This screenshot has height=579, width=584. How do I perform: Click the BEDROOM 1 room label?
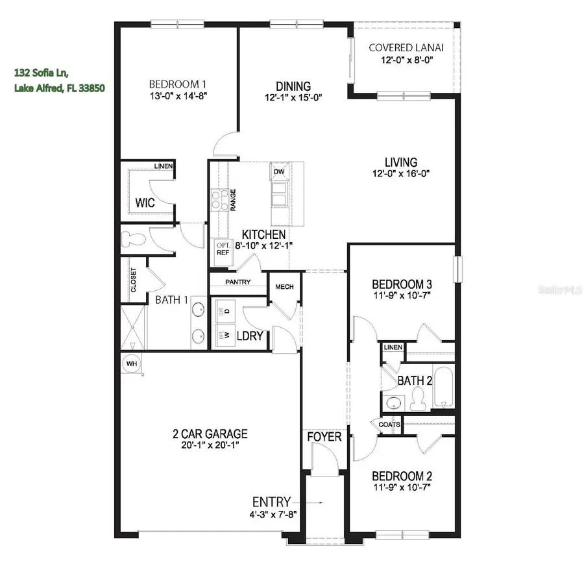click(x=178, y=84)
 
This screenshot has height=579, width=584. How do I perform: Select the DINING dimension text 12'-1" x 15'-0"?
click(x=293, y=97)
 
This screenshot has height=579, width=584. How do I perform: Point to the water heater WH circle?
click(x=132, y=363)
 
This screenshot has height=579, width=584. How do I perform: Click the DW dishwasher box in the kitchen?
click(x=279, y=172)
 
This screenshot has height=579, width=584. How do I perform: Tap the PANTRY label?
click(x=238, y=282)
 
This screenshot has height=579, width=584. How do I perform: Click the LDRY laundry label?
click(x=250, y=336)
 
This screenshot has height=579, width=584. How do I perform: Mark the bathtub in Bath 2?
click(x=444, y=387)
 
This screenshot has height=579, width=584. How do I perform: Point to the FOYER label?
click(x=324, y=437)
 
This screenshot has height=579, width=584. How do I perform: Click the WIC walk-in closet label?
click(x=144, y=203)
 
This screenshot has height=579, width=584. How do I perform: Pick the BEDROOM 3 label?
click(x=402, y=284)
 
